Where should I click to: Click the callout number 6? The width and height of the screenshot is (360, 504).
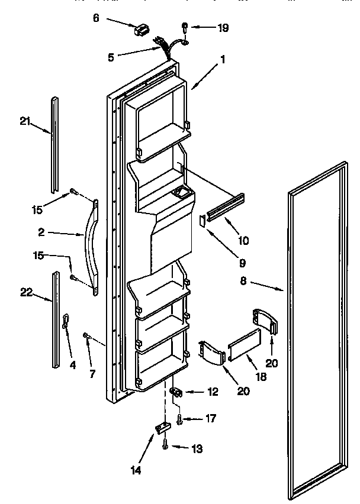coord(96,18)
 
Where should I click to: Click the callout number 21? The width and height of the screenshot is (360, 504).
coord(24,122)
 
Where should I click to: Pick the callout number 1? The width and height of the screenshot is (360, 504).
coord(223,60)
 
